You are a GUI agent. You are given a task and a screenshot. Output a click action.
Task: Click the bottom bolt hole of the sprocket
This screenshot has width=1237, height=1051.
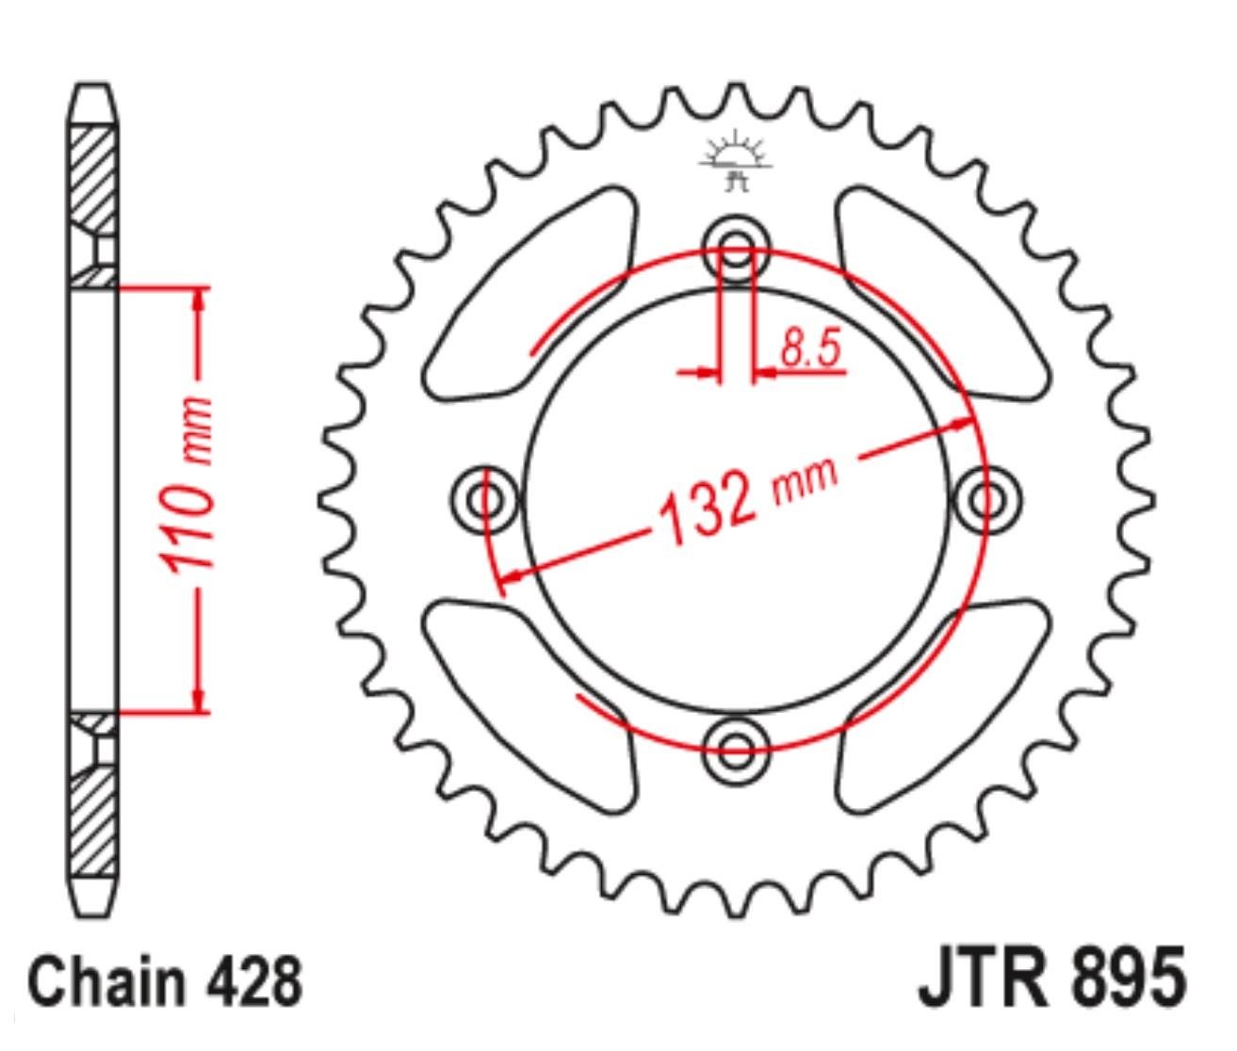coord(736,751)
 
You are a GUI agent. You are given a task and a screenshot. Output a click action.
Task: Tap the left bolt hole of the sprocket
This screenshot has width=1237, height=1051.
coord(484,500)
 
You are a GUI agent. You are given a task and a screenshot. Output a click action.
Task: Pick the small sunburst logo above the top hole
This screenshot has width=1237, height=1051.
coord(736,161)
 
